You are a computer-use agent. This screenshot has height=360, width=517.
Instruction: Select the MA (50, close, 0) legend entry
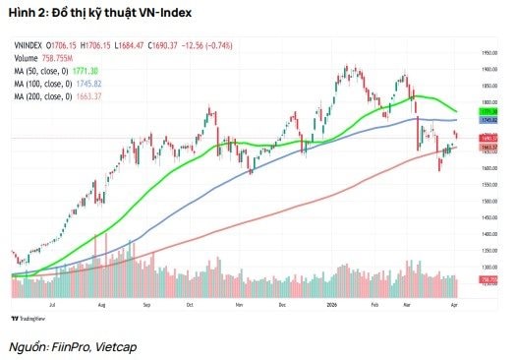[40, 71]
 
